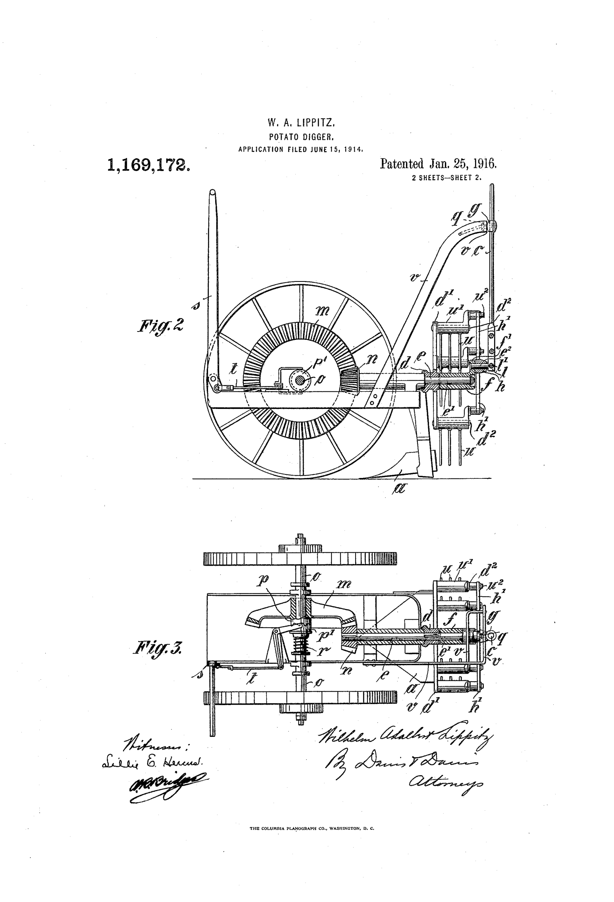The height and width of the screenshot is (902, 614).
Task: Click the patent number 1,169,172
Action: coord(148,165)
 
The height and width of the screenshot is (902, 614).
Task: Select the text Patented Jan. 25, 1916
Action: coord(438,164)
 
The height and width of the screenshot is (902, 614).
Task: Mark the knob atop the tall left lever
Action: coord(213,193)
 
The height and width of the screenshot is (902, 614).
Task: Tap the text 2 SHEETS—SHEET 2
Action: coord(447,178)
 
